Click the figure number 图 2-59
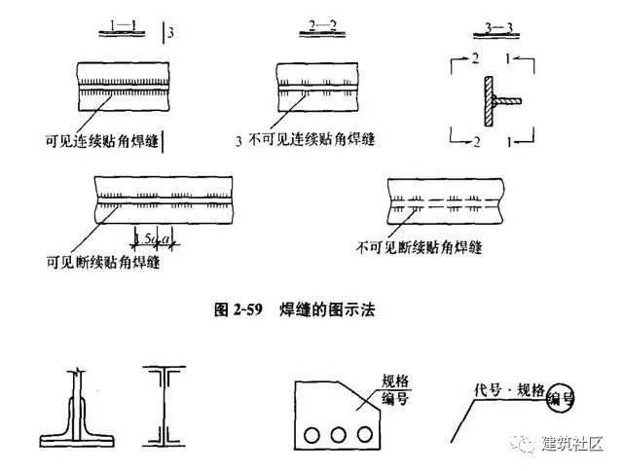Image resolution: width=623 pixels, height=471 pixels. (x=240, y=310)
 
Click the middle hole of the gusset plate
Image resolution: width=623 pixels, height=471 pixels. (x=341, y=432)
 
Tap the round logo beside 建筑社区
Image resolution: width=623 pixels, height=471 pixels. (x=526, y=445)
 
